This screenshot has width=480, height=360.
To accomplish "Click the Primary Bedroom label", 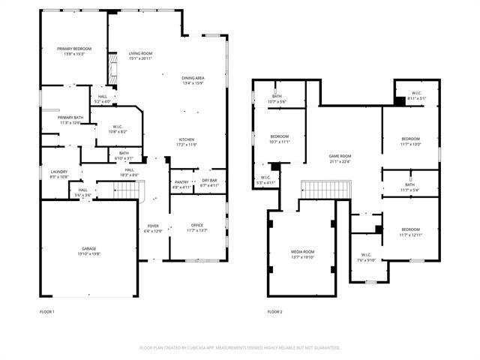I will tap(73, 49).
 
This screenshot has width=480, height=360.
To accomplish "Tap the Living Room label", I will tap(140, 53).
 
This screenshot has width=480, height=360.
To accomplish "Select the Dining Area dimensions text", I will tap(193, 83).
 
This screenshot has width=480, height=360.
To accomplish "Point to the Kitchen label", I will tap(187, 139).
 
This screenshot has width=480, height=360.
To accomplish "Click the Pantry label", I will tap(181, 181).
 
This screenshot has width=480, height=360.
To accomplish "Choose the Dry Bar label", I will tap(209, 181).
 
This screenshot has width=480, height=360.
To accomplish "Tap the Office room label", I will tap(196, 225).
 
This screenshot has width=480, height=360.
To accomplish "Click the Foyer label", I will tap(152, 225).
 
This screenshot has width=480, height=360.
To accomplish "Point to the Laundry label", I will tap(58, 172).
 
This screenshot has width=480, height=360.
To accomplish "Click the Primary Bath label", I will tap(70, 117).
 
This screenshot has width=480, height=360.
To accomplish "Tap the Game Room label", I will tap(340, 156).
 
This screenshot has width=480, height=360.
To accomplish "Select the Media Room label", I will tap(303, 251).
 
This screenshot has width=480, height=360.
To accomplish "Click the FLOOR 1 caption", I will tap(47, 311).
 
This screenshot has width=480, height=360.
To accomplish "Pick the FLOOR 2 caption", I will tap(274, 311).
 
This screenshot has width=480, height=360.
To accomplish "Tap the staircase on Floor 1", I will tap(128, 193).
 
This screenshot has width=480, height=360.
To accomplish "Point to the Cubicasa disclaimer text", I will tap(240, 348).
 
